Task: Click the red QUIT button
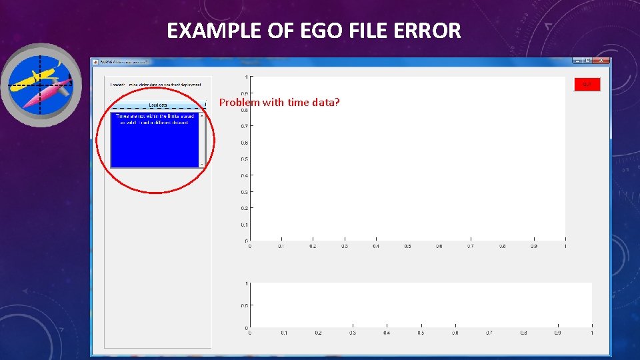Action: point(587,84)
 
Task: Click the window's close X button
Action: point(602,61)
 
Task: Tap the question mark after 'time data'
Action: point(337,102)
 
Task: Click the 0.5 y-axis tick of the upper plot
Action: point(245,159)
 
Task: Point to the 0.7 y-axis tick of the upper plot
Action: point(245,126)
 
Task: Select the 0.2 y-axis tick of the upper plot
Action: point(245,208)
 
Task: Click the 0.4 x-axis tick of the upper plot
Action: point(376,247)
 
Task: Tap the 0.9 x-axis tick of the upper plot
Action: point(534,247)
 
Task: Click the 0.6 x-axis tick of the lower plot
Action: point(455,333)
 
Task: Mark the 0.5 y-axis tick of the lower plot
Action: point(245,305)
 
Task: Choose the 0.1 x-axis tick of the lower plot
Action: point(284,333)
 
